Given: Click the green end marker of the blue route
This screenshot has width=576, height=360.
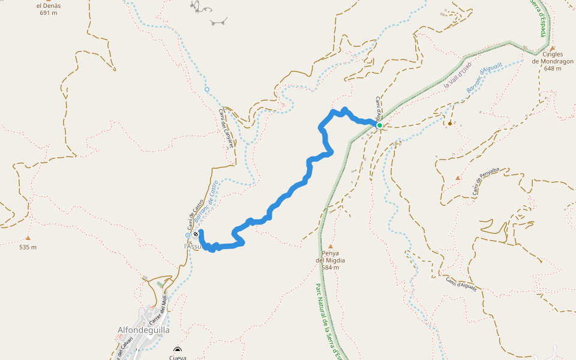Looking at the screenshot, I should (380, 125).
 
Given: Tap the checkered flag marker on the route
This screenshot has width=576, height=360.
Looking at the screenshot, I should (196, 235).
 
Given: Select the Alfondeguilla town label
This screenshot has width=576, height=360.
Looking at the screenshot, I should (143, 330).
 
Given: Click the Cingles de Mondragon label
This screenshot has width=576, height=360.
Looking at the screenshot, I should (553, 61).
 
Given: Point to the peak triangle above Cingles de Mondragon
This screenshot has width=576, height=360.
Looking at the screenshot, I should (553, 48).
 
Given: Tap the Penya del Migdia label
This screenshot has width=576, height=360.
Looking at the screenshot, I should (330, 260).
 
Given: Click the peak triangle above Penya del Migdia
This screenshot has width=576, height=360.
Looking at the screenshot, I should (330, 246).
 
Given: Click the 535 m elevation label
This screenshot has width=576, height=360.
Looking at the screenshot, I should (28, 247).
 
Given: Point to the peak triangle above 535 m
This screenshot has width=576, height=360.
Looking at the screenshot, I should (28, 238).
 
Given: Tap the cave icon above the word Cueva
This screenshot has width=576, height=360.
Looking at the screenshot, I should (177, 350).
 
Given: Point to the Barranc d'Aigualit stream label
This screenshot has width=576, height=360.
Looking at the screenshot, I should (483, 80).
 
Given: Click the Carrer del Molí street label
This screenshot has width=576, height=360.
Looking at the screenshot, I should (157, 312).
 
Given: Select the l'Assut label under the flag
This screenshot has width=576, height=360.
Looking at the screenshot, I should (193, 246).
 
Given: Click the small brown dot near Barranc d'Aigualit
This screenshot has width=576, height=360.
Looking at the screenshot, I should (450, 124).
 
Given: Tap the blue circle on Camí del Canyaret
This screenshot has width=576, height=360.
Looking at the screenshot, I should (207, 89).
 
